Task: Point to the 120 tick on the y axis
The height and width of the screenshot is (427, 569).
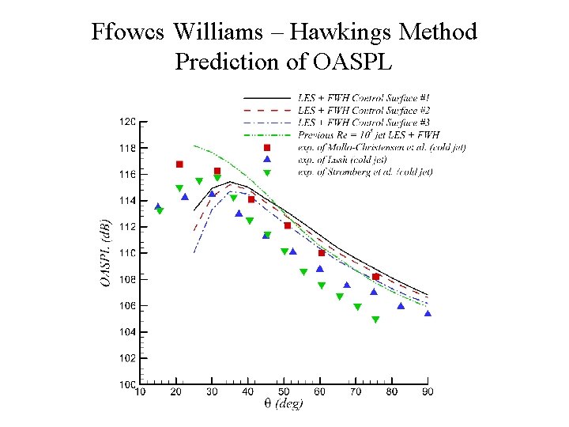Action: [x=126, y=122]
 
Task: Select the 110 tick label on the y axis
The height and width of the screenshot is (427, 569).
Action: [x=126, y=253]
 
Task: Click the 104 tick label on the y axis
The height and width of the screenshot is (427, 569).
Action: [x=126, y=332]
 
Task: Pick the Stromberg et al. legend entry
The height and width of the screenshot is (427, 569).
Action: [x=365, y=172]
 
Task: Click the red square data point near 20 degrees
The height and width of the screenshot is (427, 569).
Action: [x=179, y=164]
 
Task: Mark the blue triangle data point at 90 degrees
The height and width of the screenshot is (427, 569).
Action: [x=428, y=314]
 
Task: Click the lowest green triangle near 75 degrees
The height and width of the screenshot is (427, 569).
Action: [x=375, y=320]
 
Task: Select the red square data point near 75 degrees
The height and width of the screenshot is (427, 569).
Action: [x=376, y=277]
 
